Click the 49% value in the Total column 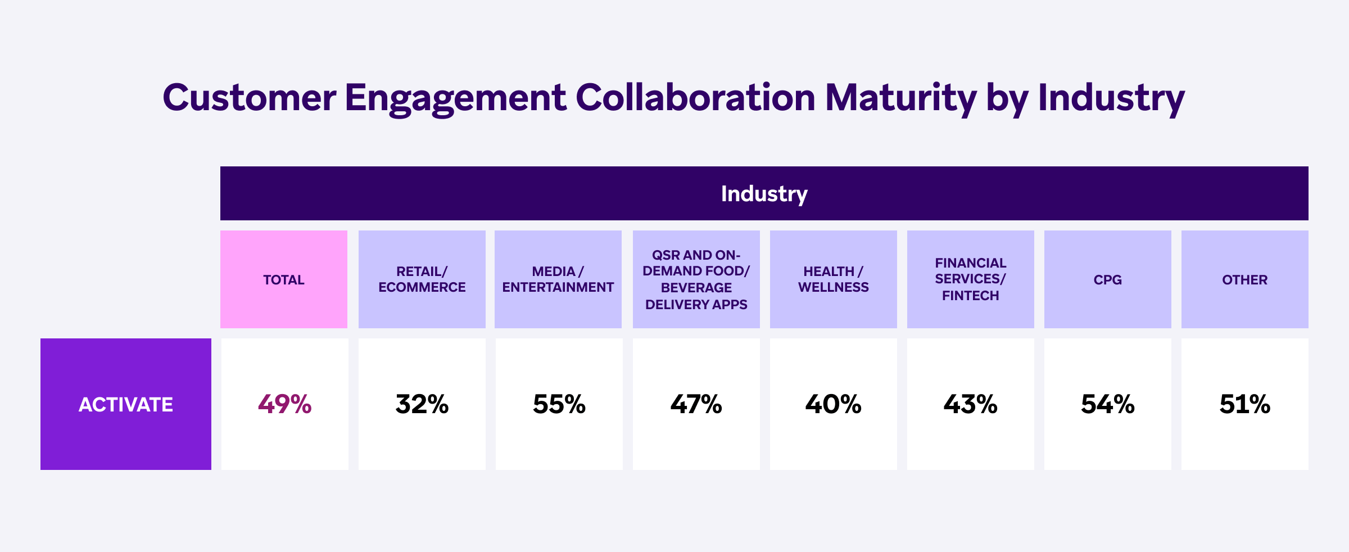[284, 404]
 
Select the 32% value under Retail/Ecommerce [422, 404]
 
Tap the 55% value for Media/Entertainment [559, 404]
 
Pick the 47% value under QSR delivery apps [696, 404]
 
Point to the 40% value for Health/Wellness [833, 404]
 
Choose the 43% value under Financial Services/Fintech [970, 404]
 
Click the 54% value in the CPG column [1107, 404]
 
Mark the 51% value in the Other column [1244, 404]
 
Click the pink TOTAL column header [284, 279]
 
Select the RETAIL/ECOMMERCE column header [422, 279]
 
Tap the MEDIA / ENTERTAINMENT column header [558, 279]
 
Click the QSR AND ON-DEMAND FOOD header [696, 279]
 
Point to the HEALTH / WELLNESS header [833, 279]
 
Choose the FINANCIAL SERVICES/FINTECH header [970, 279]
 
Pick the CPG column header [1107, 279]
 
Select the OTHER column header [1244, 279]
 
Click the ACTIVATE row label [126, 404]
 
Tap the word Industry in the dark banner [764, 193]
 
